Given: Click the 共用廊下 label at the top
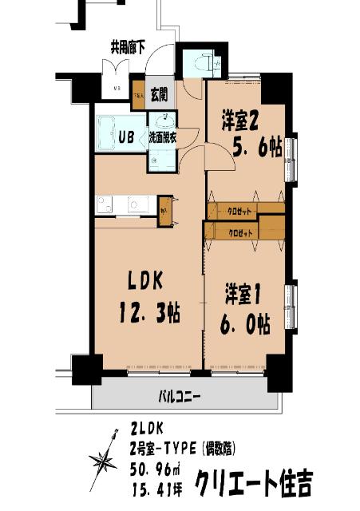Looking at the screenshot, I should pyautogui.click(x=128, y=47).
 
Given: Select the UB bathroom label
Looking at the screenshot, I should pyautogui.click(x=126, y=136).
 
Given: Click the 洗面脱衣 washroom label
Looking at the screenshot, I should pyautogui.click(x=163, y=137).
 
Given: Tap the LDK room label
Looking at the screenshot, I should pyautogui.click(x=147, y=280).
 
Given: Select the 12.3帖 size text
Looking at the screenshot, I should pyautogui.click(x=148, y=313).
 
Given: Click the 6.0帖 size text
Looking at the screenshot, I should pyautogui.click(x=245, y=325).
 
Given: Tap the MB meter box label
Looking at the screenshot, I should pyautogui.click(x=116, y=89).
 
